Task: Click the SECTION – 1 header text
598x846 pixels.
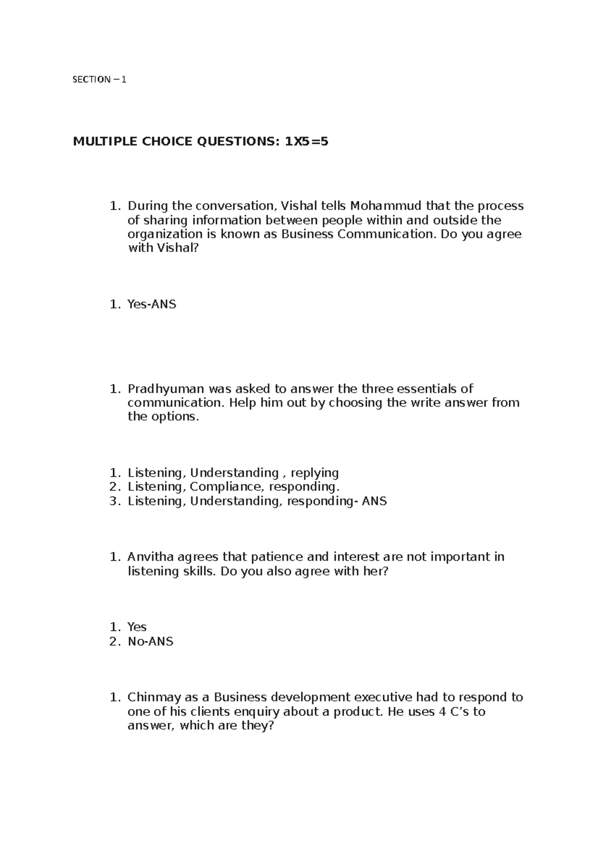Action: (x=100, y=79)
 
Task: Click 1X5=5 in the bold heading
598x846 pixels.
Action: (x=306, y=142)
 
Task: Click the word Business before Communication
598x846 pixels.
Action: (x=307, y=234)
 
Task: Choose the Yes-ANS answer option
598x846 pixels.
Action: (x=151, y=304)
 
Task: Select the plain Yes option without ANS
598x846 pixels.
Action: (x=137, y=627)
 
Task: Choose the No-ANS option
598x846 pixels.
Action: (x=150, y=641)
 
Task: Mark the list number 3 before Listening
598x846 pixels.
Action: (x=114, y=501)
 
